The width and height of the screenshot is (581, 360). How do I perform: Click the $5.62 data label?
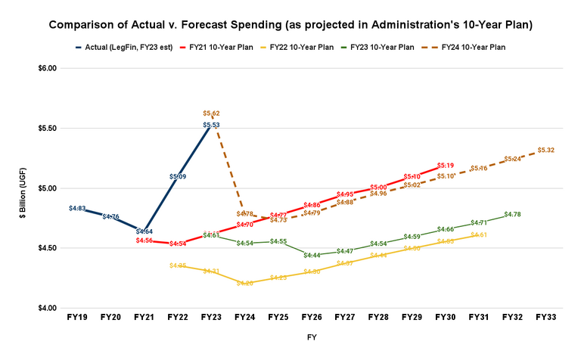tap(212, 113)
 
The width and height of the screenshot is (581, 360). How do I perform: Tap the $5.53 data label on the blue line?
tap(212, 124)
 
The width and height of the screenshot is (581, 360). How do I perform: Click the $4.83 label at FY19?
tap(77, 208)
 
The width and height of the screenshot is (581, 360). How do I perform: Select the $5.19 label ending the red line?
tap(446, 165)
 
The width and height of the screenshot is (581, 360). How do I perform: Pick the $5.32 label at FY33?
tap(546, 151)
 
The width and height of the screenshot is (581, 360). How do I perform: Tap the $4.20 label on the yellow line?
tap(244, 283)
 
